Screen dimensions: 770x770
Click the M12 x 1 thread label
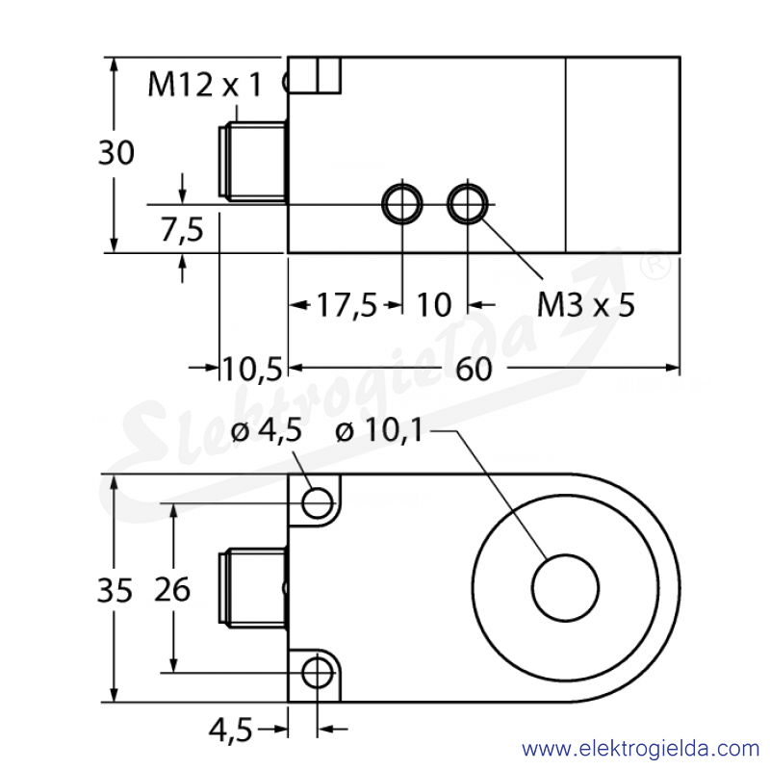coord(205,85)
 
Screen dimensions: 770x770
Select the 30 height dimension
coord(116,152)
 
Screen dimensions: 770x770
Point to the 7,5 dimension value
coord(182,229)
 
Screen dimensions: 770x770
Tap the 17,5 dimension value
coord(346,305)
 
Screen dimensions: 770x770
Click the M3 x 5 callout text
coord(586,304)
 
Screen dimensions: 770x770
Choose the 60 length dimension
coord(474,369)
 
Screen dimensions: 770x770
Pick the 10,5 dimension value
coord(252,369)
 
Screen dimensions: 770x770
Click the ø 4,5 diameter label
coord(267,431)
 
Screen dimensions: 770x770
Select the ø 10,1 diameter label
coord(378,430)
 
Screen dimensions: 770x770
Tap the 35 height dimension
coord(115,590)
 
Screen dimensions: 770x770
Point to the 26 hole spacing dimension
coord(172,589)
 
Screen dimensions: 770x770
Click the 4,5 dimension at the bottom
coord(230,731)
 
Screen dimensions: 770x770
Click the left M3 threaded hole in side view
coord(402,204)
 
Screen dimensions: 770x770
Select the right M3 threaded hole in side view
coord(468,204)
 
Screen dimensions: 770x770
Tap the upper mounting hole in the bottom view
coord(318,502)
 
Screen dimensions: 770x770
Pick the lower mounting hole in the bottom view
coord(318,673)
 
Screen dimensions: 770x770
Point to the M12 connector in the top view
coord(252,163)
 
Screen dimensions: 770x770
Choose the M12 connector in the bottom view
coord(252,588)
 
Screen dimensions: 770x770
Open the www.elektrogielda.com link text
coord(640,749)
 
